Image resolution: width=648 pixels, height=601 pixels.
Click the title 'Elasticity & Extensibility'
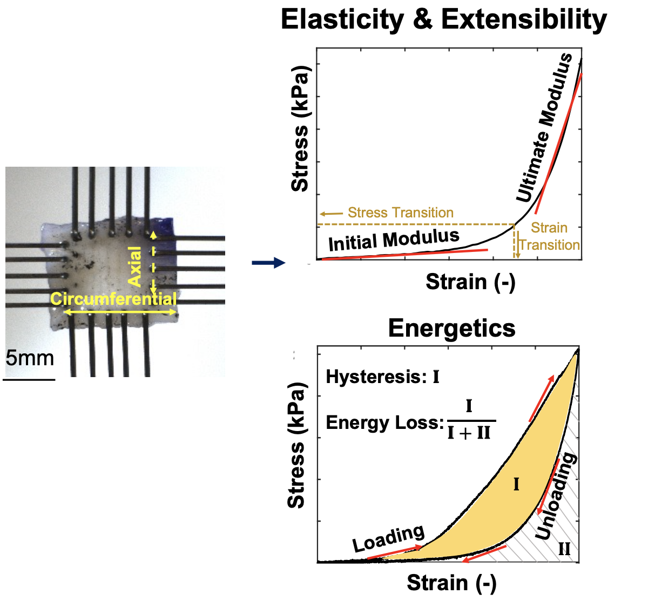443,21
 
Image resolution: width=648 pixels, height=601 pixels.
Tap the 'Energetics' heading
451,328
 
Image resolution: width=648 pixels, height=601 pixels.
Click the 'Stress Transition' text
400,213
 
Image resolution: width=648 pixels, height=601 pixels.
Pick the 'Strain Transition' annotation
549,236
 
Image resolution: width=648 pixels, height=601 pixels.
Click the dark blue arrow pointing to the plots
268,263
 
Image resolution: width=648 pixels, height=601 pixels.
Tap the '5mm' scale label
30,358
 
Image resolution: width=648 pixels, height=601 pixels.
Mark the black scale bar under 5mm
29,379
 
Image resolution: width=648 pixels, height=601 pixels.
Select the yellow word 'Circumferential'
113,299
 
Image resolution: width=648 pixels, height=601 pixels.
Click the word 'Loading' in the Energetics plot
388,538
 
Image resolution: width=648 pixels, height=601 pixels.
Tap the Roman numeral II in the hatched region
564,549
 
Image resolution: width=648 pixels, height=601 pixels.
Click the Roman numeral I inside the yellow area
516,484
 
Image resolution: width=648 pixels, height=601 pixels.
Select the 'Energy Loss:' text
384,423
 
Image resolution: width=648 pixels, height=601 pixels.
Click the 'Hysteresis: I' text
382,377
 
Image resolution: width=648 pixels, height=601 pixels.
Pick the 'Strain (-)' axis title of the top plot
470,282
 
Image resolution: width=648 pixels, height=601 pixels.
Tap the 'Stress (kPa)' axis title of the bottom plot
296,446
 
